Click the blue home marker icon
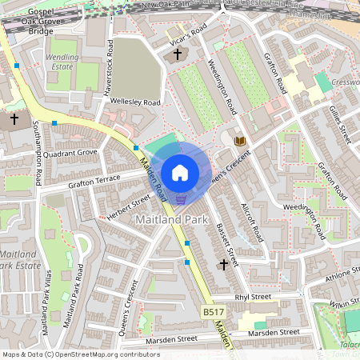pyautogui.click(x=180, y=173)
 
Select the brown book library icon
pyautogui.click(x=239, y=141)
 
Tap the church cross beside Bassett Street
pyautogui.click(x=223, y=263)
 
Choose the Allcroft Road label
pyautogui.click(x=251, y=222)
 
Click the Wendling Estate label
pyautogui.click(x=62, y=63)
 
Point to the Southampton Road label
pyautogui.click(x=38, y=154)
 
